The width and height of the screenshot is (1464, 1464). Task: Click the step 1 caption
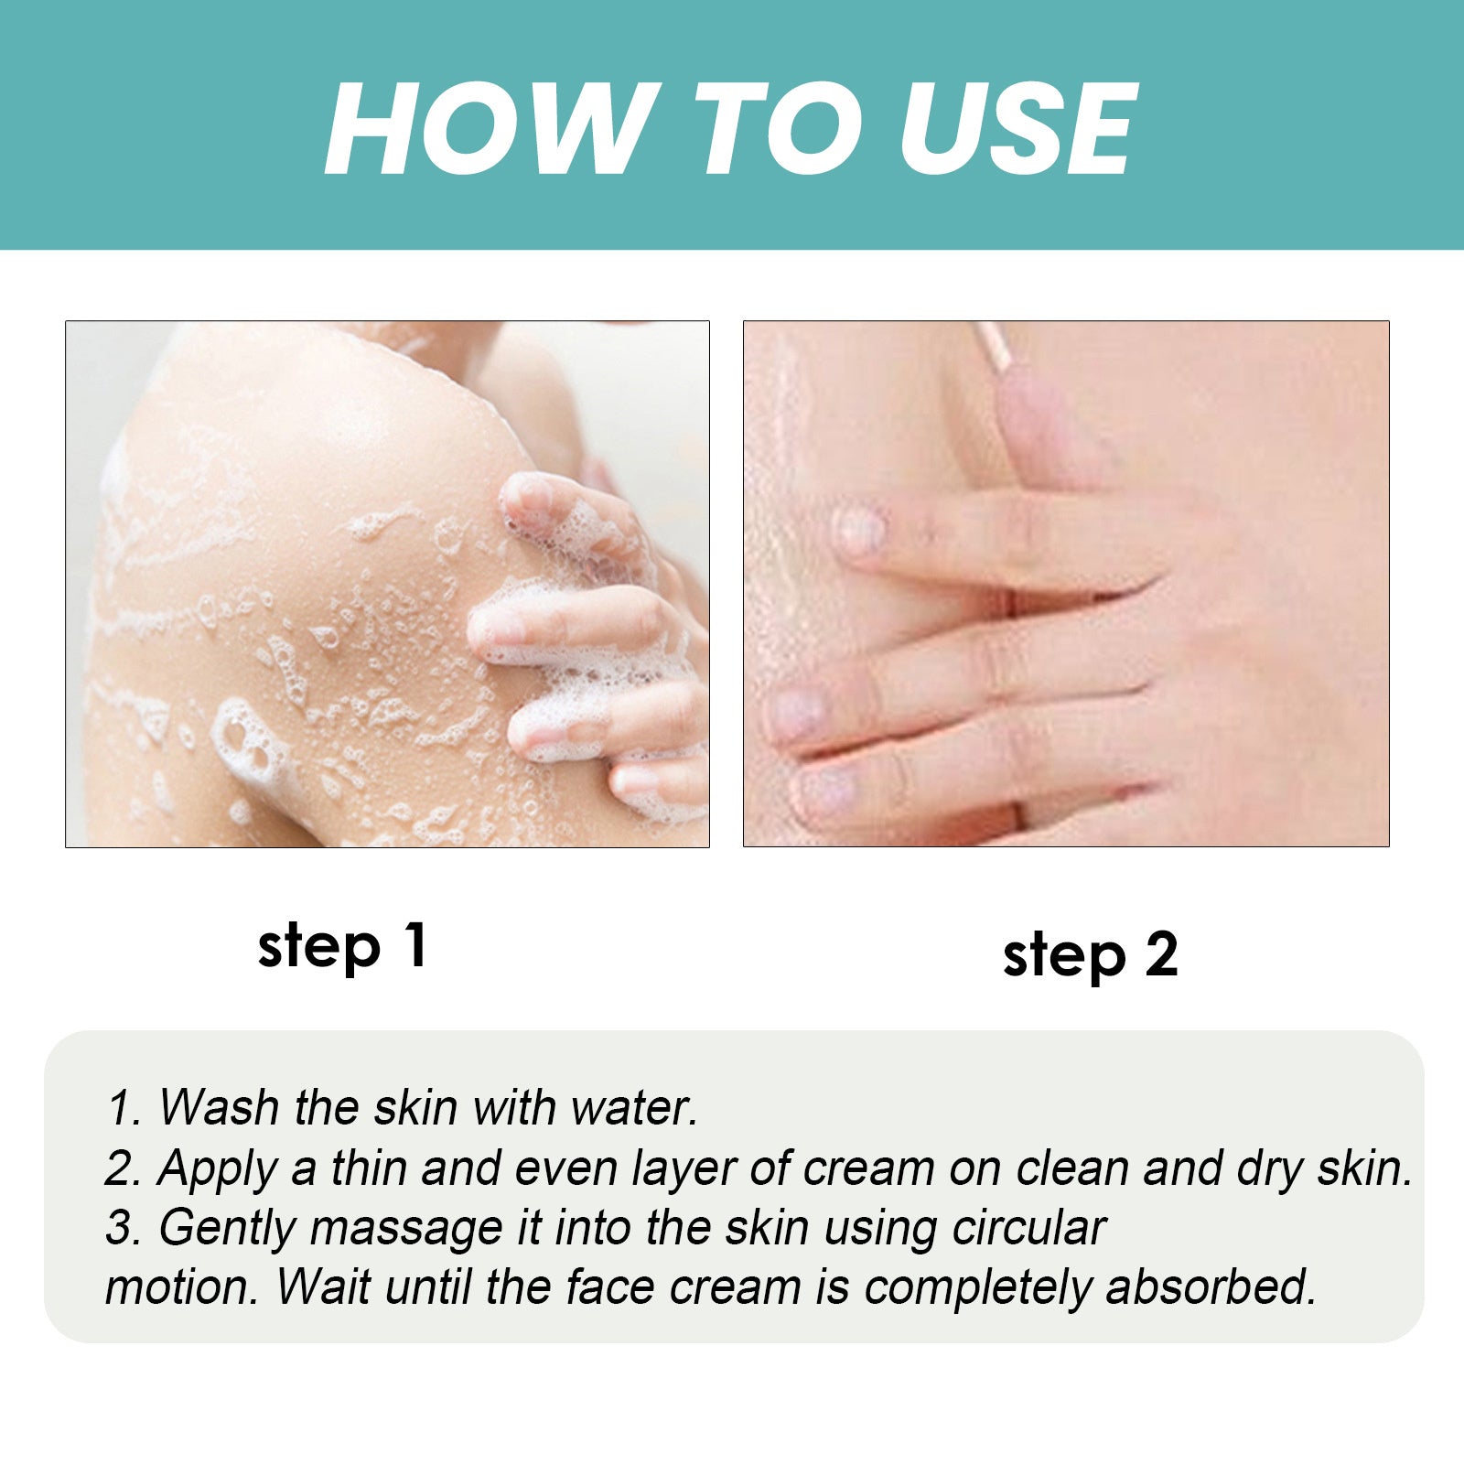(x=342, y=946)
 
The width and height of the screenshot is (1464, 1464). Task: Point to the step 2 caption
(x=1090, y=955)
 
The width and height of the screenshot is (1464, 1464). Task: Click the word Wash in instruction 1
(x=219, y=1107)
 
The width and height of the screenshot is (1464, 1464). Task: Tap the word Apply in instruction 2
(x=217, y=1168)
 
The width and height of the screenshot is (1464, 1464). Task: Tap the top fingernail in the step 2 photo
(x=861, y=532)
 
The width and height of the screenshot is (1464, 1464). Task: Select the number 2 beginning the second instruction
(x=120, y=1169)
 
